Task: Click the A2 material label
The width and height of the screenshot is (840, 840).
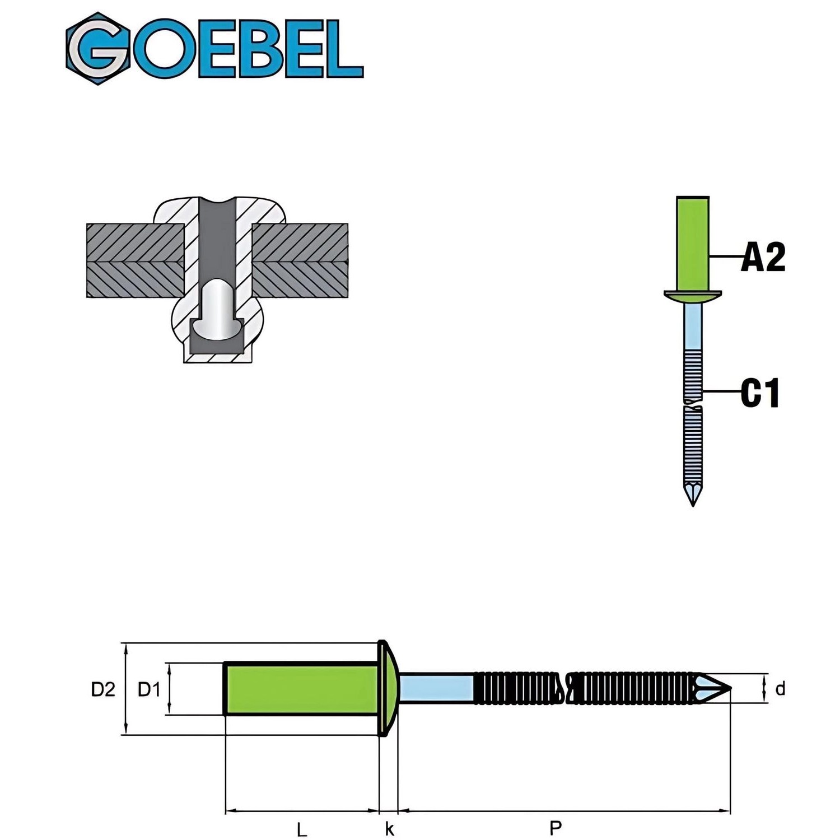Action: coord(763,257)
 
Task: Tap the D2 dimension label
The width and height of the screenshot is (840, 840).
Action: coord(103,689)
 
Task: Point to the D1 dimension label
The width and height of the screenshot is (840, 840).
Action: coord(149,689)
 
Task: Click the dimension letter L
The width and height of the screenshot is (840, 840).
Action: coord(302,829)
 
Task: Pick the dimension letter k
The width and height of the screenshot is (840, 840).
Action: coord(390,829)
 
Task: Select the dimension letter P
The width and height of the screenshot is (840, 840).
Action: coord(556,827)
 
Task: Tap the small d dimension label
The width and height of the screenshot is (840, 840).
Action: coord(780,688)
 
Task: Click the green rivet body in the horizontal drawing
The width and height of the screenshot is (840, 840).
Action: coord(301,689)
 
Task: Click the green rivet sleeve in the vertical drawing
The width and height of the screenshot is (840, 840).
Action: coord(693,244)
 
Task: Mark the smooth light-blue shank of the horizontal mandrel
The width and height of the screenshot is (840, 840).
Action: coord(437,688)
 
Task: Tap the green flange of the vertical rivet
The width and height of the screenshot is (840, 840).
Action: coord(693,295)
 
